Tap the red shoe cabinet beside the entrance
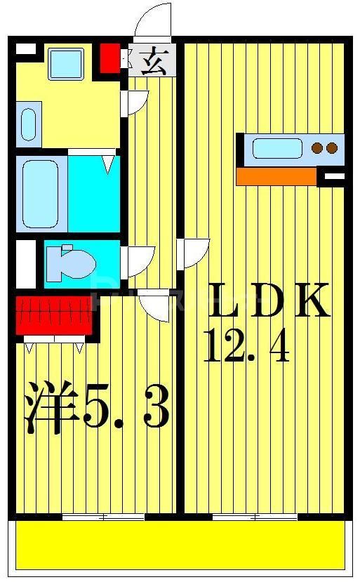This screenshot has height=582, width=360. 109,58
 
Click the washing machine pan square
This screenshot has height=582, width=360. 66,63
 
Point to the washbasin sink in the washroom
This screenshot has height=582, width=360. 29,124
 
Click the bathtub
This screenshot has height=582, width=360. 41,192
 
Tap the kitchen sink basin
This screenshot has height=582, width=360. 277,148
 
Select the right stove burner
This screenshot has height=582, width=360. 332,148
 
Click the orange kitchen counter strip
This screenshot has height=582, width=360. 276,176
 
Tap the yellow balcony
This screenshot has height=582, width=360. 180,544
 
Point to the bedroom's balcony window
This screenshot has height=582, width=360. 103,517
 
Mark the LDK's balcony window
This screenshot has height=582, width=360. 255,517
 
